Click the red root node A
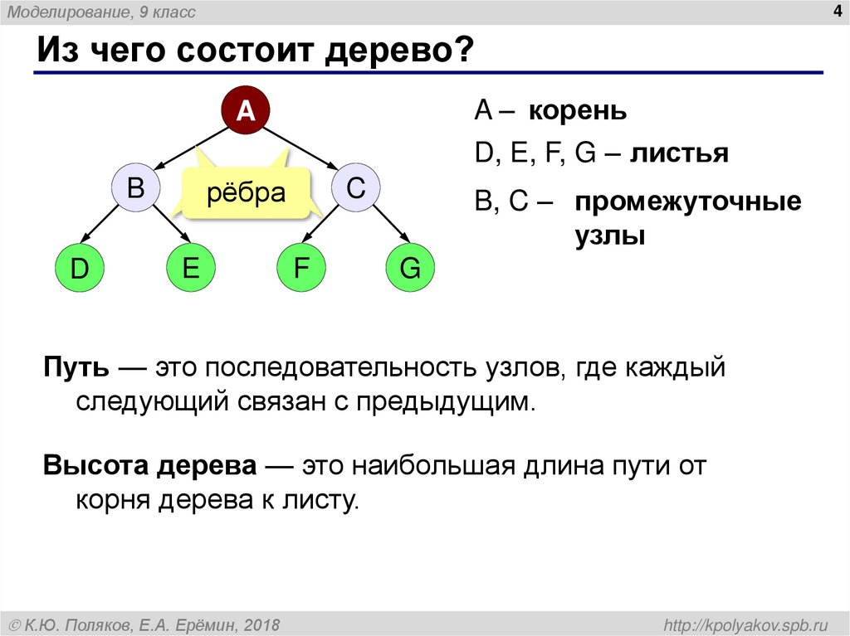(245, 109)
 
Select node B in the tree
(135, 189)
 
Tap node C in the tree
(356, 189)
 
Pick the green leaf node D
(79, 269)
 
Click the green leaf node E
(190, 269)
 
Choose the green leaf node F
(300, 269)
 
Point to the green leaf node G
(411, 269)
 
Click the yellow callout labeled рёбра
(246, 193)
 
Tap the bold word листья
(678, 153)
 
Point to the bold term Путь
(73, 367)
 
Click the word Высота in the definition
(95, 466)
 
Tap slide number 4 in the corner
(833, 11)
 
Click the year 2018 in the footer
(261, 624)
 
